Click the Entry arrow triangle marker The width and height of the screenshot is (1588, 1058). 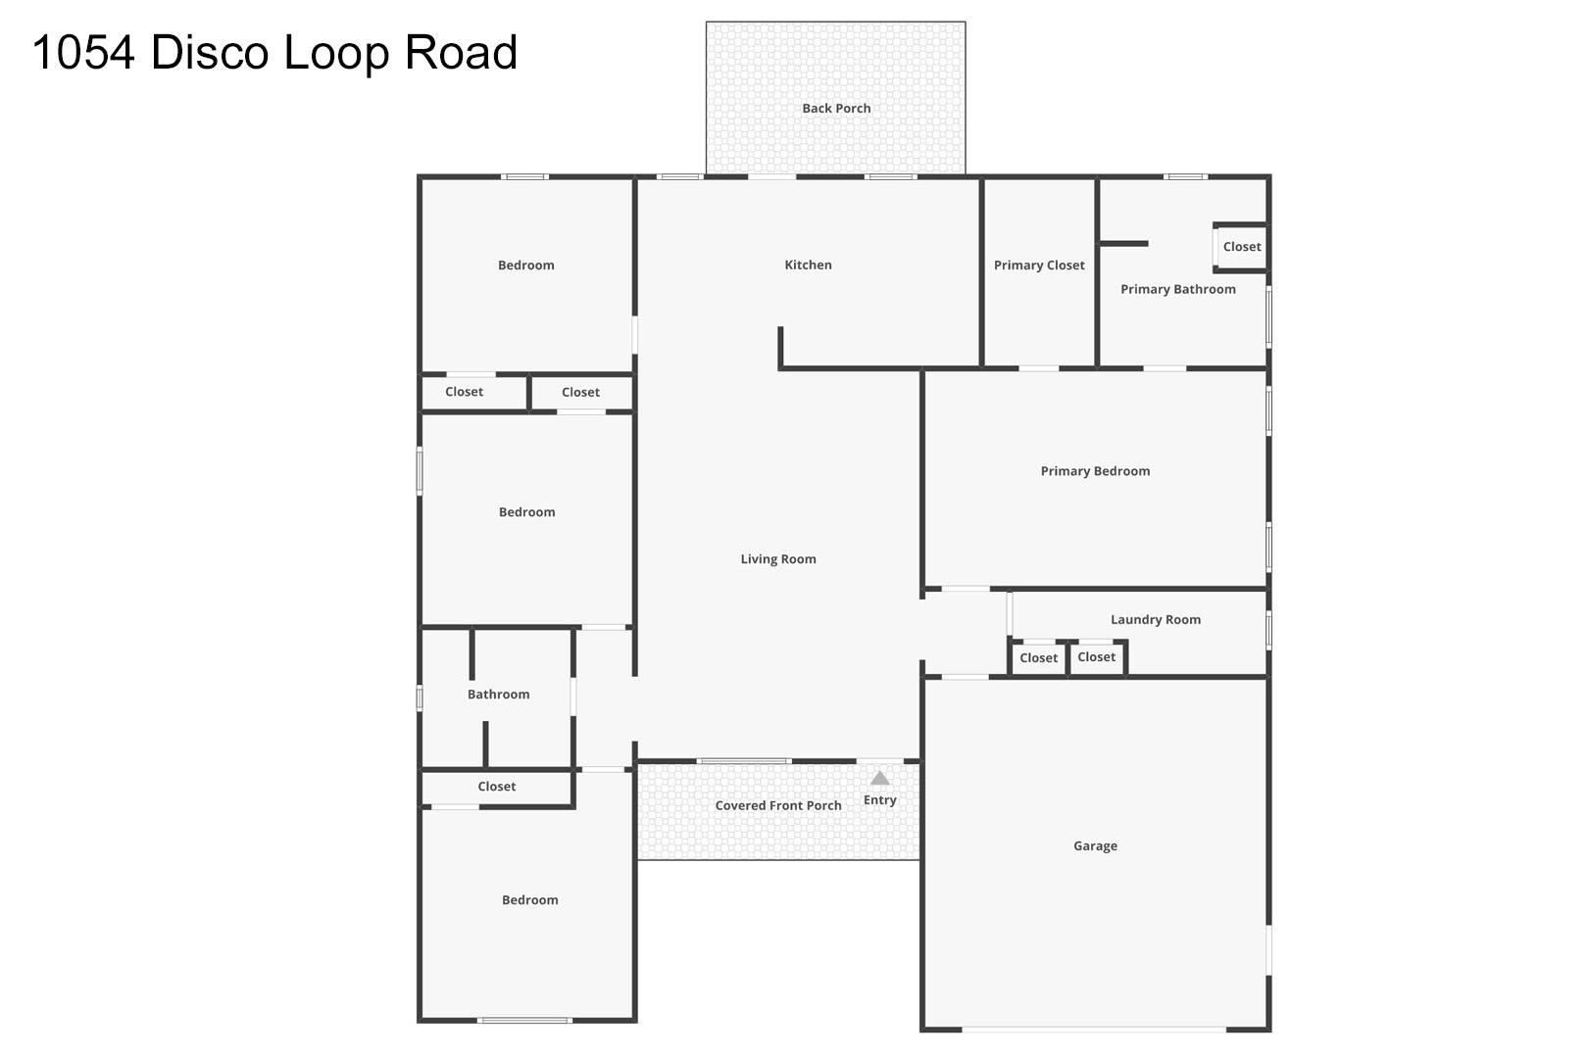pos(880,778)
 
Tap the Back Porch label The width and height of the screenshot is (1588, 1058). pos(836,109)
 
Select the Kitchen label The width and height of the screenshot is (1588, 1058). pos(808,265)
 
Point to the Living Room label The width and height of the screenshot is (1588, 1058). pos(778,559)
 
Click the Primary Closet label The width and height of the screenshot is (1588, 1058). pos(1039,265)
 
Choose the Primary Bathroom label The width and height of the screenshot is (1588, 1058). pos(1178,289)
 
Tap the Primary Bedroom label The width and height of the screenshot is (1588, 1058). pos(1095,471)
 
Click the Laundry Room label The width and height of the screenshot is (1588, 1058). pos(1156,619)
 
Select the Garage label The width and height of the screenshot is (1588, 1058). pos(1095,845)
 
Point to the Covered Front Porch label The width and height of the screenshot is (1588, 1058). pos(778,805)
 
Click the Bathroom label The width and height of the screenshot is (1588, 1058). pos(498,695)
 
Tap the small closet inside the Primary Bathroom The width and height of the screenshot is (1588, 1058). pos(1241,247)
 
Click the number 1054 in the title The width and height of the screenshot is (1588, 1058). pos(83,53)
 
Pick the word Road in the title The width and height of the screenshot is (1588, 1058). pos(461,53)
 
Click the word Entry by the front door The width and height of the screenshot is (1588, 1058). pos(880,800)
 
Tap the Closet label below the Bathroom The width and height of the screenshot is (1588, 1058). pos(496,787)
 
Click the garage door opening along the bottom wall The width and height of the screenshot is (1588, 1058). pos(1094,1029)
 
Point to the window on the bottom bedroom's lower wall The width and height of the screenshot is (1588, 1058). pos(523,1021)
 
